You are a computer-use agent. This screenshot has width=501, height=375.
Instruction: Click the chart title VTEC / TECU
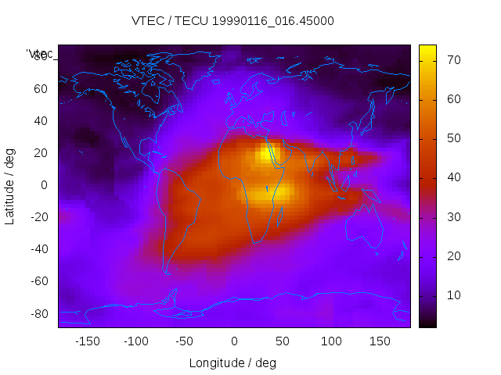[232, 21]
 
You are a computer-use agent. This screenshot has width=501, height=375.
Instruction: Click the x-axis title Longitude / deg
[232, 362]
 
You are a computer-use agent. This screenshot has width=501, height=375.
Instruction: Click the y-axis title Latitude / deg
[10, 186]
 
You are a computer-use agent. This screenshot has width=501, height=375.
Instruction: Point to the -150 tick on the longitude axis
[87, 341]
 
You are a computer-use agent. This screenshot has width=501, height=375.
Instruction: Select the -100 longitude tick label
[135, 341]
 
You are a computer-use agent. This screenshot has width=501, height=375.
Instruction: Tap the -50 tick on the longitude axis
[185, 341]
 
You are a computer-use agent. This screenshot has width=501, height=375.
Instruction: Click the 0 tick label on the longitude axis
[233, 341]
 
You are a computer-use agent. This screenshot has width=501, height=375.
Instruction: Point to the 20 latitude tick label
[44, 153]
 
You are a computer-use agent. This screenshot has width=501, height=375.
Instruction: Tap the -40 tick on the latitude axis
[41, 249]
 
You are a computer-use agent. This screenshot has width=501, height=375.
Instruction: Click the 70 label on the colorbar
[452, 60]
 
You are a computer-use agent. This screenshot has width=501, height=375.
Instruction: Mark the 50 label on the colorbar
[452, 138]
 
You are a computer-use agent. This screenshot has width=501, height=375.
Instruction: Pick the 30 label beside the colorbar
[452, 216]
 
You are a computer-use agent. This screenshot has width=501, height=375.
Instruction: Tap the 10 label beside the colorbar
[452, 295]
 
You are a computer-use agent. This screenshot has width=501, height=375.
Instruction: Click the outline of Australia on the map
[367, 226]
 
